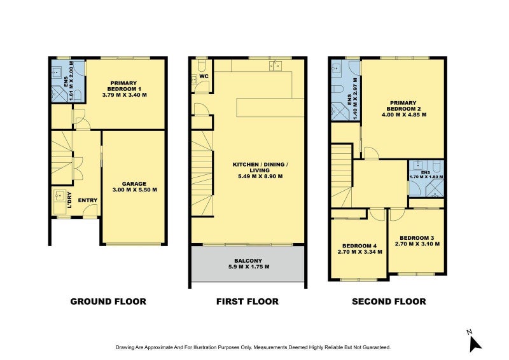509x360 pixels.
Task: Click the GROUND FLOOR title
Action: [x=108, y=301]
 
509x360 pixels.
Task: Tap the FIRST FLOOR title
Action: [x=248, y=301]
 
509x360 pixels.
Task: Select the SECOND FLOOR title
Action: [x=389, y=301]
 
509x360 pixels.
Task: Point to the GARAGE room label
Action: [x=134, y=184]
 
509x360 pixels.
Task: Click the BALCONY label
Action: [x=248, y=261]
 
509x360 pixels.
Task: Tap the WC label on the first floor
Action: [x=204, y=76]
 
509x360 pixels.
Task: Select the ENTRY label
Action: [x=88, y=200]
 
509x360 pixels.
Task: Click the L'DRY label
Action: [x=69, y=200]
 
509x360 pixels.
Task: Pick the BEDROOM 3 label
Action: [x=417, y=238]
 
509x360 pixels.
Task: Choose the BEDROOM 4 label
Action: [x=359, y=246]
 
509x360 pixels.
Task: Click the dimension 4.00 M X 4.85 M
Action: [x=404, y=114]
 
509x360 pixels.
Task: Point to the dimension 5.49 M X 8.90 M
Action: [x=260, y=176]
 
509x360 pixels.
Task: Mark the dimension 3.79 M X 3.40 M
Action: [x=124, y=95]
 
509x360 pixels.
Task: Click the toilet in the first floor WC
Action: [x=202, y=66]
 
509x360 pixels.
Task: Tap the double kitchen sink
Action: [x=275, y=66]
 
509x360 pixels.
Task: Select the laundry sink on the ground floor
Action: [x=59, y=196]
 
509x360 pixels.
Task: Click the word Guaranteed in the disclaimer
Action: [x=378, y=347]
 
